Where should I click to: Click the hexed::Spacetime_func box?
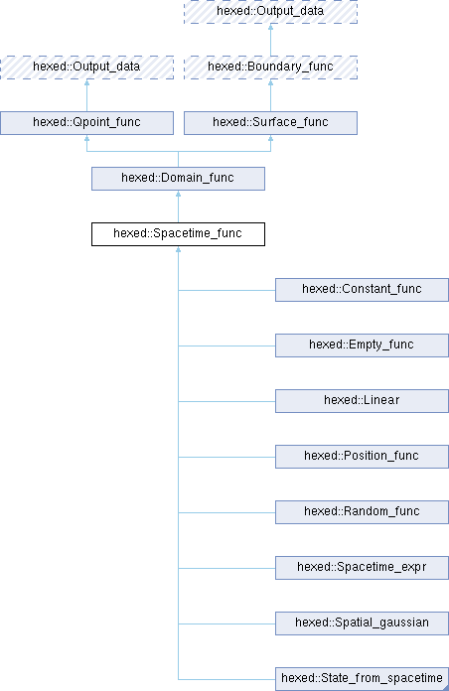178,234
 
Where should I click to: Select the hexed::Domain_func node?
178,179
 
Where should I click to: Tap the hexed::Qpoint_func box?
86,123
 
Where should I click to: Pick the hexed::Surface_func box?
270,123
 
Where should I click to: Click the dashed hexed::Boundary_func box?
270,68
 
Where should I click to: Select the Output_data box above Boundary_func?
270,12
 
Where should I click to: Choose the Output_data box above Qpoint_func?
86,68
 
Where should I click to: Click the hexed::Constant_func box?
362,290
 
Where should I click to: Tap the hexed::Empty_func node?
362,345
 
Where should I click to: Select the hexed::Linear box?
362,400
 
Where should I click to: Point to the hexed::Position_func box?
362,456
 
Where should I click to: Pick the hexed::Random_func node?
362,511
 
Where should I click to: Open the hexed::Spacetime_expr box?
362,567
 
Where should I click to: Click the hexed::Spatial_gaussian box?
362,622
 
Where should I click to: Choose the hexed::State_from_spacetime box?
362,679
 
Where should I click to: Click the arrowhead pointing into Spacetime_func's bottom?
178,249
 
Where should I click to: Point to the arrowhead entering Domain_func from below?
178,194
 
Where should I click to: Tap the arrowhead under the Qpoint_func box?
86,138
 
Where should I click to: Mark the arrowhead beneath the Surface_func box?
270,138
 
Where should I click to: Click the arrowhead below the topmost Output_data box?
270,28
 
